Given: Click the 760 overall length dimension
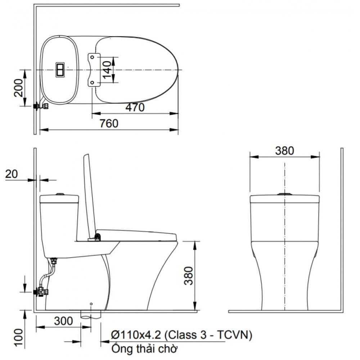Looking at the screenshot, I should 108,123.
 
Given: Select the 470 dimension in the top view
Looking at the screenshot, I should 135,107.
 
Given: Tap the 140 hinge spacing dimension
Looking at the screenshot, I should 107,70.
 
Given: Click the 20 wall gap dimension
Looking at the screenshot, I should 12,174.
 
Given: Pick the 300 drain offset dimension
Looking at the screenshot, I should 63,321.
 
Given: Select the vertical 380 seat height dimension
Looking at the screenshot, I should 189,275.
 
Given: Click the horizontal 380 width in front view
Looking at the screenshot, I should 284,150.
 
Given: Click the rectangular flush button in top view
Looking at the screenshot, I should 60,69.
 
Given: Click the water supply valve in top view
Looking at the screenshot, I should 41,106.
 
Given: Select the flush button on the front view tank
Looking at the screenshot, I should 284,194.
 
